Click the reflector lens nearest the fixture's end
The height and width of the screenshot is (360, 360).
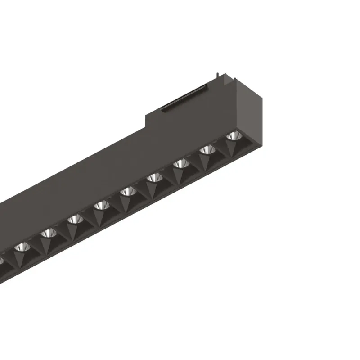pos(233,135)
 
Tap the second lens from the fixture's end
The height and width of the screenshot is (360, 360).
pos(207,150)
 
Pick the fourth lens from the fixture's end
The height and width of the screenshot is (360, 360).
pos(154,178)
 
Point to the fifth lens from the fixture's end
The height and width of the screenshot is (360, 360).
pos(128,192)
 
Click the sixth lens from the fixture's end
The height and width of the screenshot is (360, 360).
pos(101,206)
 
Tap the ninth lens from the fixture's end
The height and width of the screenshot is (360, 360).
pos(21,247)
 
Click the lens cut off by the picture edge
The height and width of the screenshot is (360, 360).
pos(2,260)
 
